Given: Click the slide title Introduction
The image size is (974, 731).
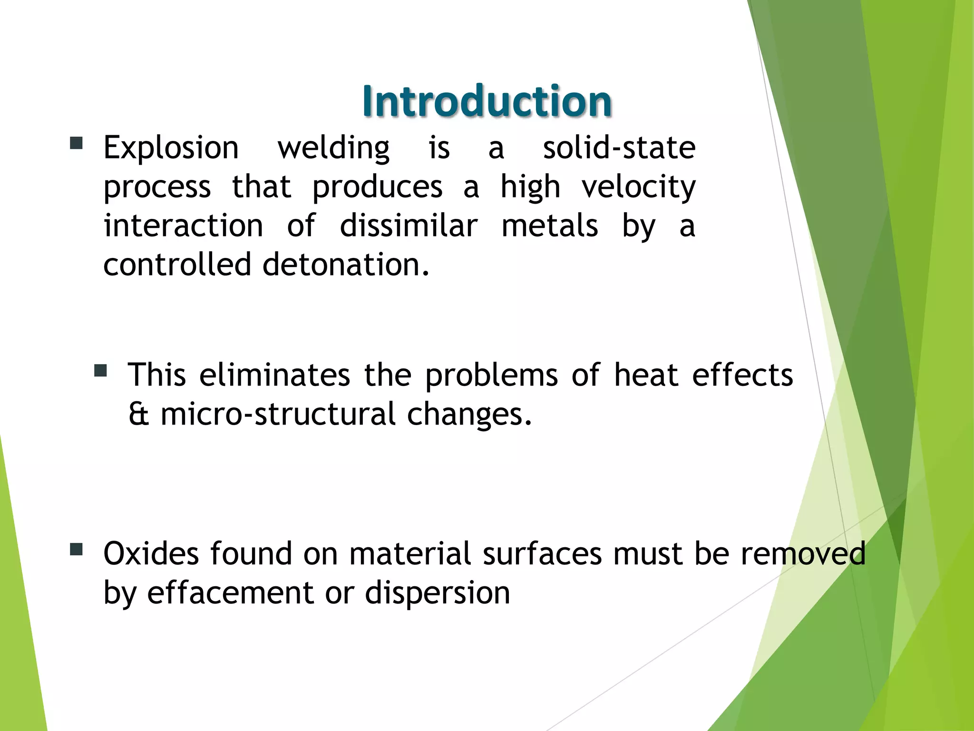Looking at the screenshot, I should [x=487, y=101].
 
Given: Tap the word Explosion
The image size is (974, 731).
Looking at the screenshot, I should [x=171, y=148].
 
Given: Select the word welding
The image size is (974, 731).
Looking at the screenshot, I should [x=333, y=148].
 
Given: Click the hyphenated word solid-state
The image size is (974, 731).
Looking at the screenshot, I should [x=619, y=148].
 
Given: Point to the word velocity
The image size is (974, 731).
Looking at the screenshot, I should [x=639, y=187].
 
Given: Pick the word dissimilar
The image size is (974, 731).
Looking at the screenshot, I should [x=409, y=226].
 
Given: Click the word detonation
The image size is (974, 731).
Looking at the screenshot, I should [x=346, y=265].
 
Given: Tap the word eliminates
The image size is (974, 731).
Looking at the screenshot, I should [x=274, y=375].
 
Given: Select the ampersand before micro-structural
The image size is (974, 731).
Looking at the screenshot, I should [x=138, y=414].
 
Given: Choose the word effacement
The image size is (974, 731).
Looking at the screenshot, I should [x=230, y=593].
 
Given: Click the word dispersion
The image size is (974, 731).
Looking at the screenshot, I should [x=438, y=593].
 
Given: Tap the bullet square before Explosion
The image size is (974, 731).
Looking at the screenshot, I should [x=76, y=143].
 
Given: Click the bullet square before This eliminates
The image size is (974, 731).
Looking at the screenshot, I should [x=100, y=370].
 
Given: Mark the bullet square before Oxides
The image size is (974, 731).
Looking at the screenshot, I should [x=76, y=550].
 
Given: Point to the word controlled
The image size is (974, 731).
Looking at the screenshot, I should [x=177, y=265].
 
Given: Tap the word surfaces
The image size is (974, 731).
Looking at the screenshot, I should [x=542, y=553].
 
